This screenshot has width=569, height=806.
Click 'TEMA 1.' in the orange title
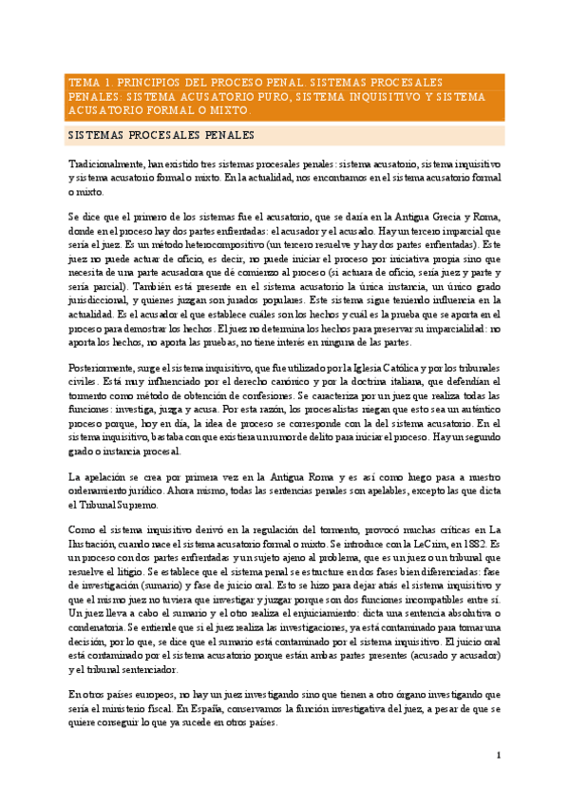pos(87,82)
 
